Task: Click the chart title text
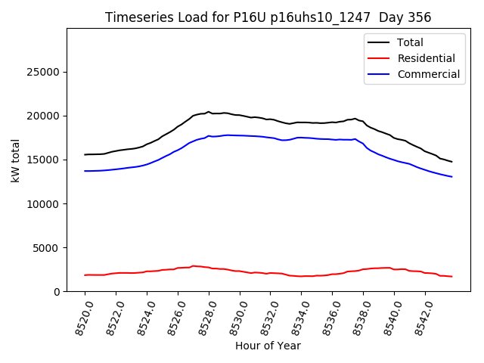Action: pyautogui.click(x=268, y=17)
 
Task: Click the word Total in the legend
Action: pyautogui.click(x=410, y=42)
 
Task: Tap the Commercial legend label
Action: pyautogui.click(x=428, y=74)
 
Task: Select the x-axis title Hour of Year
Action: pyautogui.click(x=268, y=346)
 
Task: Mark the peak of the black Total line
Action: pyautogui.click(x=209, y=112)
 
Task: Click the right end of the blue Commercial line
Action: pyautogui.click(x=452, y=177)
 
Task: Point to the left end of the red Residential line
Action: pyautogui.click(x=85, y=275)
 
